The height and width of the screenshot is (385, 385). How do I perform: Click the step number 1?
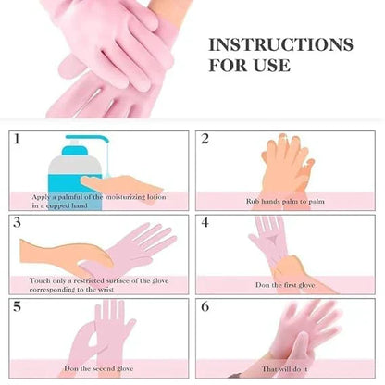pos(18,139)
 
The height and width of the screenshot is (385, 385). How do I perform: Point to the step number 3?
pos(18,222)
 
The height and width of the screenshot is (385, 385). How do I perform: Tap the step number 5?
pos(18,305)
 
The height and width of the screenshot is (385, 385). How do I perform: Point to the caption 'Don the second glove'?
pos(97,368)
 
